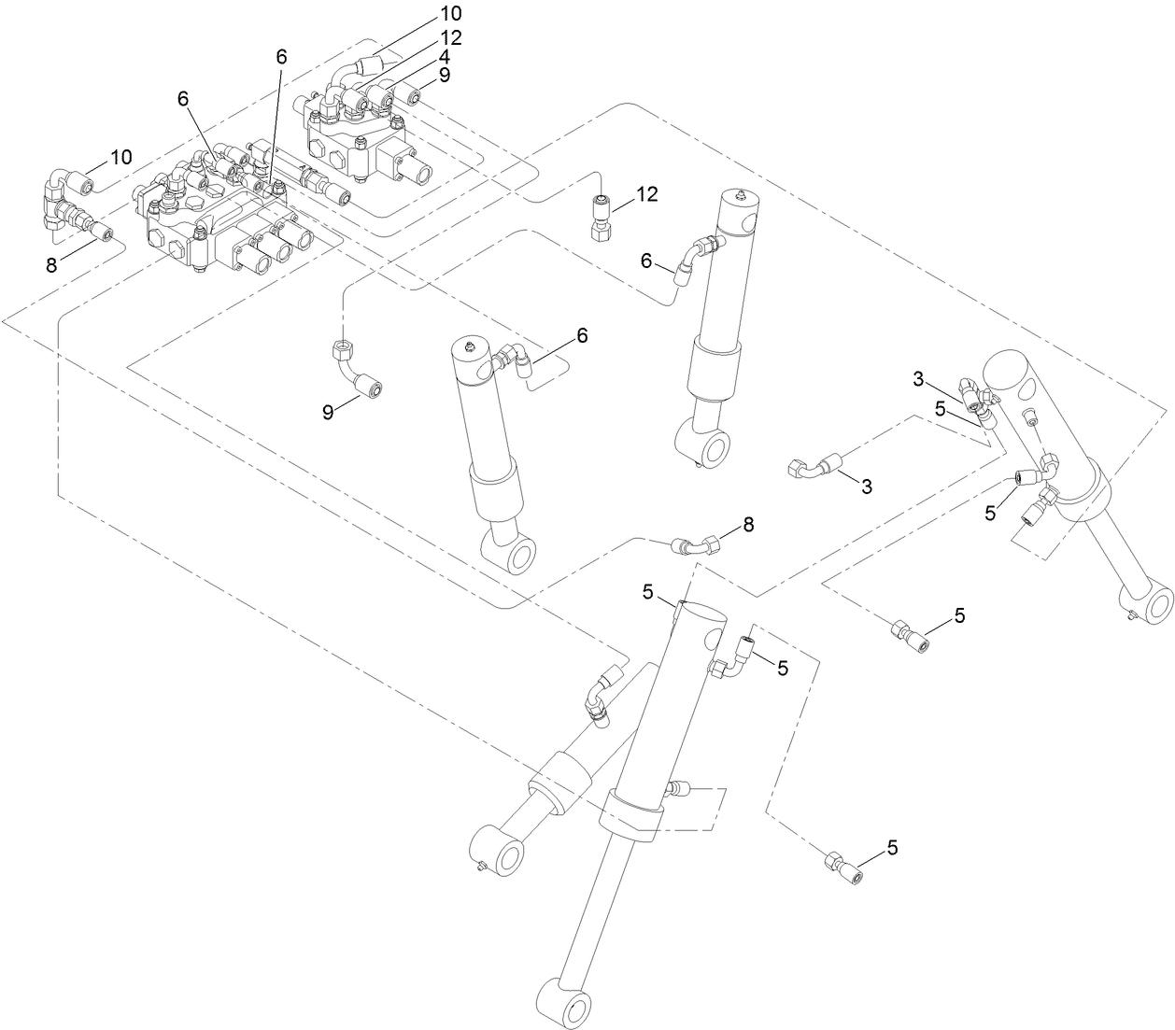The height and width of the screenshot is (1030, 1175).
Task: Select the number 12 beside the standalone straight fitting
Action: tap(647, 194)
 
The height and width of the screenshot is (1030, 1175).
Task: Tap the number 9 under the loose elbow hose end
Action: tap(328, 411)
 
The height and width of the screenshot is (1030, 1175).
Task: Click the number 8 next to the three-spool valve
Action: tap(51, 264)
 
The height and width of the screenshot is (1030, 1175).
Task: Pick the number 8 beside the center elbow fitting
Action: tap(748, 526)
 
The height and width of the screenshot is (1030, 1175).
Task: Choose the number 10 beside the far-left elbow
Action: tap(121, 156)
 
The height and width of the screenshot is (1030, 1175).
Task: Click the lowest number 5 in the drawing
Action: tap(891, 847)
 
